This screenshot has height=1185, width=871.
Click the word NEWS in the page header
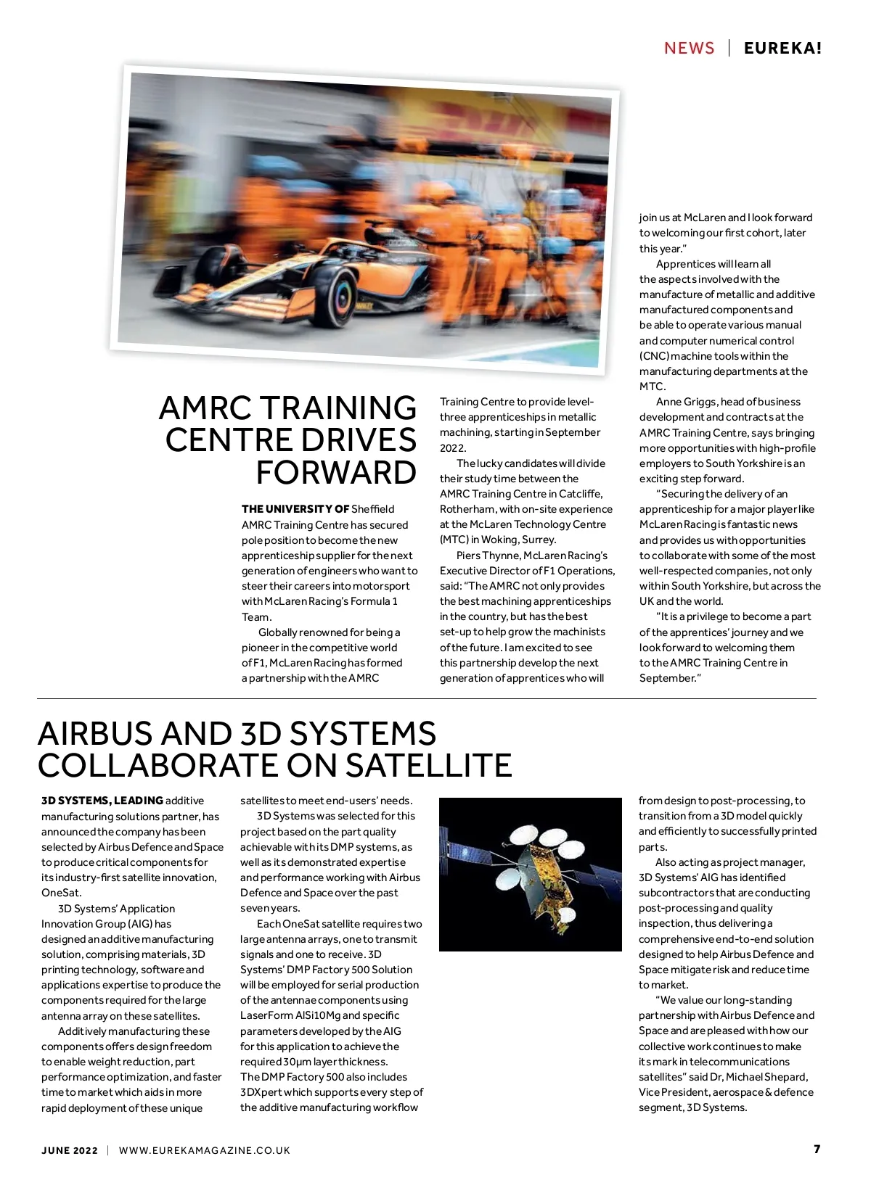tap(689, 49)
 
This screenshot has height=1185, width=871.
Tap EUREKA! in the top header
tap(782, 49)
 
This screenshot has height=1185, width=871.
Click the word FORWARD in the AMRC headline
tap(336, 473)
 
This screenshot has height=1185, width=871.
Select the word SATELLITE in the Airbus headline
tap(428, 766)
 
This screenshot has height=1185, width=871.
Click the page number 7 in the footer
tap(817, 1149)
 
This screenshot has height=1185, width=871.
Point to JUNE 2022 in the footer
tap(70, 1150)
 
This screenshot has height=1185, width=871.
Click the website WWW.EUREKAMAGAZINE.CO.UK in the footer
tap(204, 1150)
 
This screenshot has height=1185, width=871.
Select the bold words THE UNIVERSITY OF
tap(295, 509)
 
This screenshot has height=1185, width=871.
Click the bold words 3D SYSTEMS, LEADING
tap(102, 801)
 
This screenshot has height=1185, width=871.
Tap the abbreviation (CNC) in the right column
tap(653, 356)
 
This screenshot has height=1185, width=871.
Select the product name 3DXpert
tap(263, 1092)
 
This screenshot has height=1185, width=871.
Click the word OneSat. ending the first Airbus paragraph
tap(62, 893)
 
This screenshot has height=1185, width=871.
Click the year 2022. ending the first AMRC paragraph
tap(453, 448)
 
